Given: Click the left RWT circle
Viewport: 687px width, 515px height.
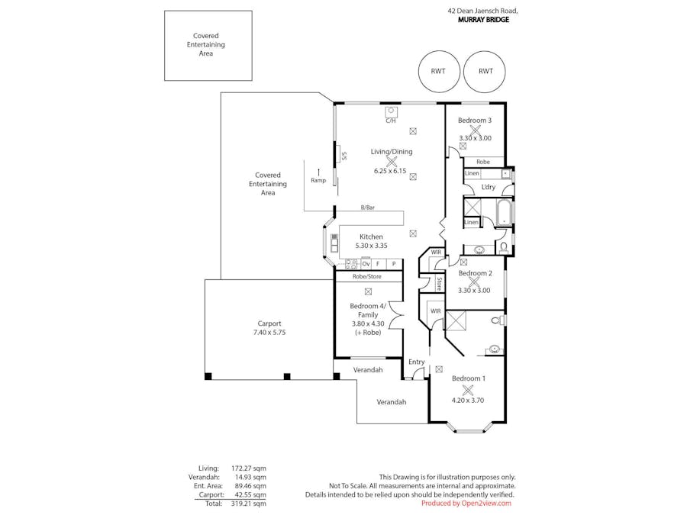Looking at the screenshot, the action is point(439,51).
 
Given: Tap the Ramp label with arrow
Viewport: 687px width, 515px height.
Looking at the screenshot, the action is point(318,176).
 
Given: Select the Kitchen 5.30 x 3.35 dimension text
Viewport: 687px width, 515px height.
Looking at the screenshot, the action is point(371,246).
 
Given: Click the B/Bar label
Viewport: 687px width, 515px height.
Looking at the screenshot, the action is point(368,208).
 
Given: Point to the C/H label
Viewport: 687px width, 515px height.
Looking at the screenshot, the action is point(390,121).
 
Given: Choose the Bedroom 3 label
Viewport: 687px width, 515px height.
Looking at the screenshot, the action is point(475,120).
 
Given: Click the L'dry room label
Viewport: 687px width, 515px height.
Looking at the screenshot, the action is point(488,187).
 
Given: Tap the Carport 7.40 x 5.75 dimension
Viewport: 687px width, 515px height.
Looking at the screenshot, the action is point(269,333).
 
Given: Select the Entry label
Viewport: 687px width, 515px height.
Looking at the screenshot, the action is point(417,362).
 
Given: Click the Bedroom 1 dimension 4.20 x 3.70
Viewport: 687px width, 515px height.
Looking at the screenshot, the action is point(468,400).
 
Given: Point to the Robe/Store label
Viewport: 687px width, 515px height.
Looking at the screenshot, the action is point(367,276).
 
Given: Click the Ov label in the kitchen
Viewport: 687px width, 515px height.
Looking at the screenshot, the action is point(366,264).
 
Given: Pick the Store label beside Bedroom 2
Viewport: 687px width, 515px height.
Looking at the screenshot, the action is point(439,283).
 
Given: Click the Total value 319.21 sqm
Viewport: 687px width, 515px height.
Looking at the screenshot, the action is point(248,504).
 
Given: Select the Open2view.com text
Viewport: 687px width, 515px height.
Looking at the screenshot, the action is point(486,504).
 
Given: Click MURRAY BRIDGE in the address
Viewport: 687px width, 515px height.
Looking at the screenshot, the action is point(484,20).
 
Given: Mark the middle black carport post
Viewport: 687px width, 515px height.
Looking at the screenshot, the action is point(287,376).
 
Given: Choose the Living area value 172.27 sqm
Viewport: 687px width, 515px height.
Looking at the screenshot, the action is point(248,468).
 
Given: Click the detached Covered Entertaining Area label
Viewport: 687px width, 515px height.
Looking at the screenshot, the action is point(206,45).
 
